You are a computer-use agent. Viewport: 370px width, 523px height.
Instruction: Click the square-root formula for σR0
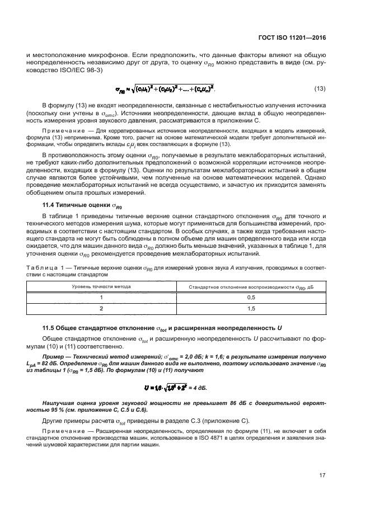(x=165, y=89)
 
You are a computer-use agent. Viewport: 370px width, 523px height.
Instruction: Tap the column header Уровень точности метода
(x=101, y=286)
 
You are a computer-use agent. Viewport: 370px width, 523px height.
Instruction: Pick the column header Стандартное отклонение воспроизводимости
(x=251, y=286)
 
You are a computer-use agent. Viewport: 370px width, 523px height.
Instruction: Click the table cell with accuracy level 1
(x=101, y=297)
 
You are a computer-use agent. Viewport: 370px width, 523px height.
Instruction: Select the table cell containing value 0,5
(x=251, y=297)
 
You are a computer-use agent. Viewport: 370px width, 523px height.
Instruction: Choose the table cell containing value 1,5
(x=251, y=308)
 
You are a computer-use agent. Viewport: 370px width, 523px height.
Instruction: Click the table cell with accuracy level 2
(x=101, y=308)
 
